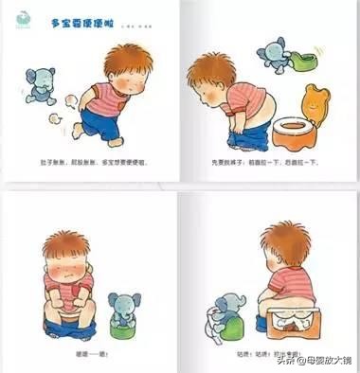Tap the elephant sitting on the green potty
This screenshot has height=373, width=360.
pyautogui.click(x=122, y=308)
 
